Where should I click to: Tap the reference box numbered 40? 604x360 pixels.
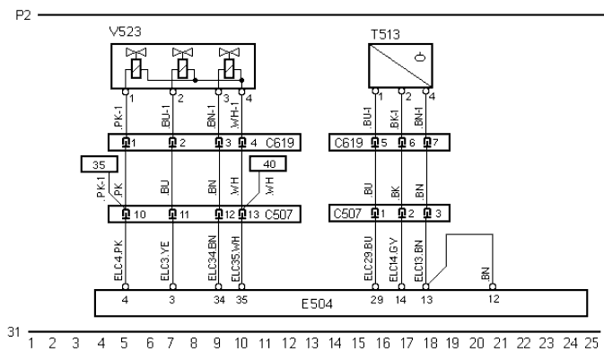pos(270,163)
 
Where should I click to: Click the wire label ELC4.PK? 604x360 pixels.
pos(125,262)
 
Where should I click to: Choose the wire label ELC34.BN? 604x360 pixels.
pos(215,260)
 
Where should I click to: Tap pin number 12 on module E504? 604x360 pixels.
pos(492,298)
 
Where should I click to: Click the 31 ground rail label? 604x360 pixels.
pos(13,332)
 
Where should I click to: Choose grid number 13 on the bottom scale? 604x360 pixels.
pos(311,343)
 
